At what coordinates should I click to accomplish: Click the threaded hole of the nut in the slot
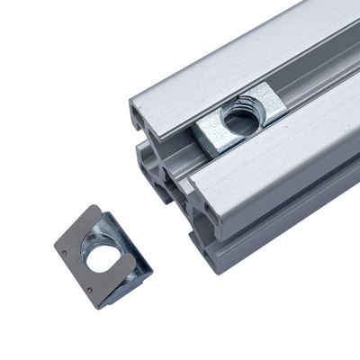pyautogui.click(x=240, y=117)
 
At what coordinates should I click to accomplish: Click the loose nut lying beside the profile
pyautogui.click(x=102, y=255)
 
